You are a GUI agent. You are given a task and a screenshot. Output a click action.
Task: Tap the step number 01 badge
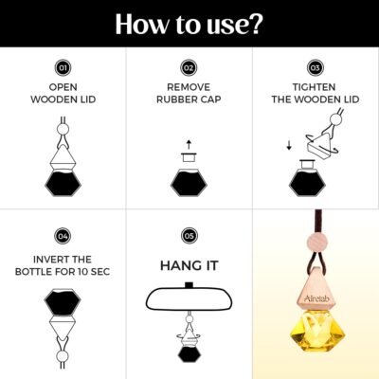(x=63, y=68)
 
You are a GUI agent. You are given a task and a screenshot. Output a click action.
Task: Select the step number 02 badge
(x=189, y=68)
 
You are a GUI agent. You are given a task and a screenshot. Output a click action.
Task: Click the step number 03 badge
(x=316, y=68)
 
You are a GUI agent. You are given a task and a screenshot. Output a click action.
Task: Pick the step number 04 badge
(x=63, y=236)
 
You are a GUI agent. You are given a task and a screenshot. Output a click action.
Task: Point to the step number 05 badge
(x=189, y=236)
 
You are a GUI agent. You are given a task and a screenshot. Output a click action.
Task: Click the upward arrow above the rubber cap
(x=189, y=144)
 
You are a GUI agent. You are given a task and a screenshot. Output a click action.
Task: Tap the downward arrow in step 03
(x=289, y=146)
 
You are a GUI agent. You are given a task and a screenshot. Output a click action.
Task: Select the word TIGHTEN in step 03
(x=314, y=87)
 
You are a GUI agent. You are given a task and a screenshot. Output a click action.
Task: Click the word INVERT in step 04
(x=46, y=260)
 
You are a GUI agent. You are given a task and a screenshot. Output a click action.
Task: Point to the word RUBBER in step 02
(x=172, y=99)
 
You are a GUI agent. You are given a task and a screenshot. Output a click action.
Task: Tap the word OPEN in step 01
(x=63, y=87)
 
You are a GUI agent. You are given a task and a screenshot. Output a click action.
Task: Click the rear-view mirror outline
(x=189, y=298)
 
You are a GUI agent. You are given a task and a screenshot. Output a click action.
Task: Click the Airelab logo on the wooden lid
(x=315, y=298)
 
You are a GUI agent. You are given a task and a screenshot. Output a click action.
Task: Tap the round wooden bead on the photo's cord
(x=316, y=244)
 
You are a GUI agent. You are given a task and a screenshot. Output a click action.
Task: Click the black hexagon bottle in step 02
(x=189, y=183)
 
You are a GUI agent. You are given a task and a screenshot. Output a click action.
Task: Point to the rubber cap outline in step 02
(x=189, y=157)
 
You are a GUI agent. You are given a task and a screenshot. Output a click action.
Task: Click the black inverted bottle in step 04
(x=63, y=302)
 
